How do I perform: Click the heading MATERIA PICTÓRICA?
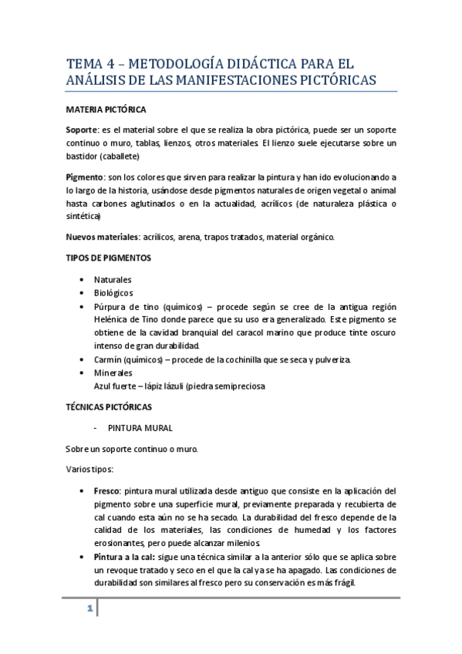(105, 110)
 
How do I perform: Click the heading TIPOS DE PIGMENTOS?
(108, 257)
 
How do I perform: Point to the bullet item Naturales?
(113, 279)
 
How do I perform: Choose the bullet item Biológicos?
(113, 293)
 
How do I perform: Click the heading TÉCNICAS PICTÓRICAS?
(109, 406)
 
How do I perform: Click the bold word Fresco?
(106, 490)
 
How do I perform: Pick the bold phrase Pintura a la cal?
(124, 557)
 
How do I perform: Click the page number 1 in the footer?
(89, 609)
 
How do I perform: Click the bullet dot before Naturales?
(83, 279)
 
